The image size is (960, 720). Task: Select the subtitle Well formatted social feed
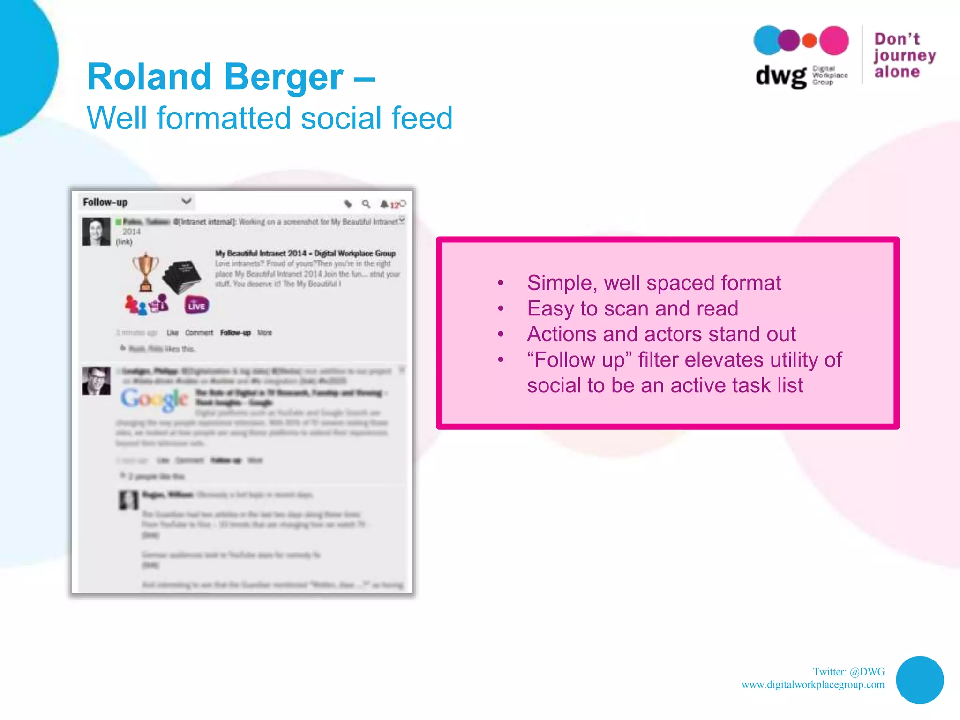pos(270,118)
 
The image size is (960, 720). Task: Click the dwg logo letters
pos(780,76)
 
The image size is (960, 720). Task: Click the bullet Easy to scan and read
pos(632,308)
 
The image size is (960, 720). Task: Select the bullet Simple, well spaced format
pos(653,283)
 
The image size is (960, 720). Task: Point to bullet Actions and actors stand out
pos(661,334)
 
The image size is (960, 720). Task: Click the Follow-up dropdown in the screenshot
pos(136,202)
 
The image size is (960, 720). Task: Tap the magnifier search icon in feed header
pos(366,203)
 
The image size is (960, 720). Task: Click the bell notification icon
pos(384,204)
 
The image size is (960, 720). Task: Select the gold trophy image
pos(146,271)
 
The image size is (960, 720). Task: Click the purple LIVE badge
pos(196,306)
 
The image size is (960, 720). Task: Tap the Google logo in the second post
pos(154,399)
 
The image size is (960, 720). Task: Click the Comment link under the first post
pos(199,332)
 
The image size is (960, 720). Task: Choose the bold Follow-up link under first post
pos(235,332)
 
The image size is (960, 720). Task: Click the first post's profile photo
pos(97,232)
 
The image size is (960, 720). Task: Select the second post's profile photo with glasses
pos(97,381)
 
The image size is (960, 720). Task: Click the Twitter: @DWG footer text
pos(848,672)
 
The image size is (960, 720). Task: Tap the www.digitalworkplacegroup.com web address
pos(813,685)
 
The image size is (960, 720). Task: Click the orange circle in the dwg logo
pos(809,41)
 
